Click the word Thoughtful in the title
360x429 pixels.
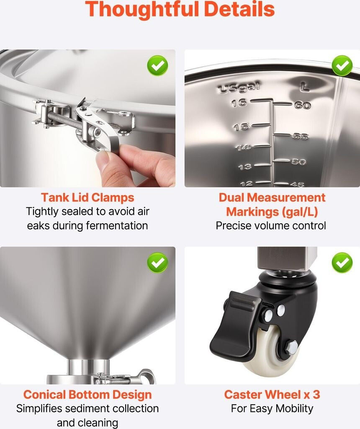point(142,9)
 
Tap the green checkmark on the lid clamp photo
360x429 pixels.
point(158,66)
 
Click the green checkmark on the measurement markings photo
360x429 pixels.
point(342,66)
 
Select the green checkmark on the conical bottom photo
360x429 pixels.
point(158,263)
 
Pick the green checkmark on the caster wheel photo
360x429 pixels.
point(342,263)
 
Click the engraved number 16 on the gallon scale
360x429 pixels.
point(239,103)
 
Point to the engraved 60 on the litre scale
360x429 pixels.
point(302,105)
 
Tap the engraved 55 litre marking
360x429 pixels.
point(301,136)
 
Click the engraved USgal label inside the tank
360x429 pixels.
point(239,88)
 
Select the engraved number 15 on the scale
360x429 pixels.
point(241,127)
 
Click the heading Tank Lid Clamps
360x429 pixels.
point(87,198)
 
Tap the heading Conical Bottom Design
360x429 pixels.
point(87,395)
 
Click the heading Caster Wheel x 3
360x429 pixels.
point(272,395)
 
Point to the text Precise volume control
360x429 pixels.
point(271,226)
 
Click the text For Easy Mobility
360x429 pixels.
point(272,408)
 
